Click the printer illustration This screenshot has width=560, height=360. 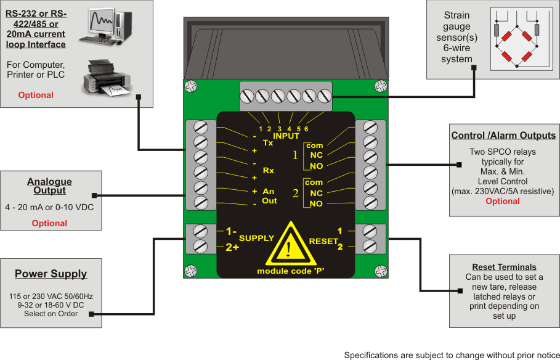(107, 78)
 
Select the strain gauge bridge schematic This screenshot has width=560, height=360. (516, 38)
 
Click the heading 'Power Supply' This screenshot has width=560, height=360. (51, 274)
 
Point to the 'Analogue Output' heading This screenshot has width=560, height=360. (49, 186)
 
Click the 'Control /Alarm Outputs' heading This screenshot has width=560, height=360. (503, 136)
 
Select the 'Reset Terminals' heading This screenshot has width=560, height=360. (504, 267)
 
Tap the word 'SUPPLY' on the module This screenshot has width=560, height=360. (256, 238)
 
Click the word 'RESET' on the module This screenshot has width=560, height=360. (323, 240)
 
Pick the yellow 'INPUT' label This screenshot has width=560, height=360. (286, 136)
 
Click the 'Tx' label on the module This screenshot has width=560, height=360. (268, 142)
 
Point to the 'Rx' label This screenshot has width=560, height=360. (269, 170)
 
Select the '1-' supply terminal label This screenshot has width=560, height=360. (231, 232)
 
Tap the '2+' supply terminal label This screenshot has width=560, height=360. (232, 247)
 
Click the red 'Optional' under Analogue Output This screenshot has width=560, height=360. (49, 223)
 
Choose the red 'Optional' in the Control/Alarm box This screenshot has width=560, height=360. (503, 201)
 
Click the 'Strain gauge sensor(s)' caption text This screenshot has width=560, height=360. (457, 37)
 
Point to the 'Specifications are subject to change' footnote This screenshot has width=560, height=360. (451, 355)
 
